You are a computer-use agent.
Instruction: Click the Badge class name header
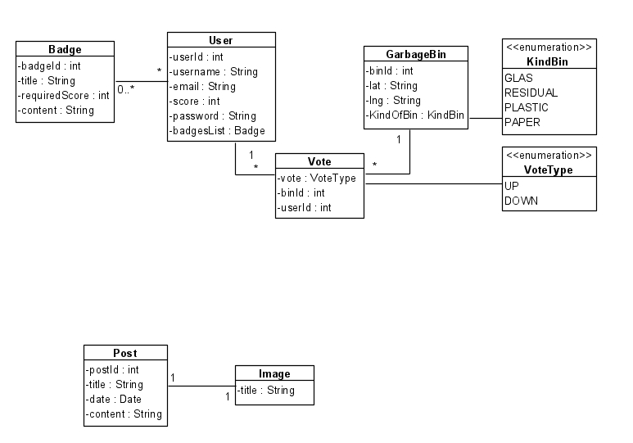coord(65,50)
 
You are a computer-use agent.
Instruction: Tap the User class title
coord(221,40)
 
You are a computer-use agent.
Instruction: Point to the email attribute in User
coord(203,86)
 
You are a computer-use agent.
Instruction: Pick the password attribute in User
coord(212,115)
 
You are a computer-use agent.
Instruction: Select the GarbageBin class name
coord(416,54)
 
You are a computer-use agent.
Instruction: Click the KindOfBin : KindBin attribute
coord(415,115)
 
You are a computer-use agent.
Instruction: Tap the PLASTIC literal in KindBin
coord(527,107)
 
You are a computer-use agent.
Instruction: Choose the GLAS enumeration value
coord(519,78)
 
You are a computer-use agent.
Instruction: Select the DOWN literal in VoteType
coord(522,201)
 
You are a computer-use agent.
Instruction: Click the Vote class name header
coord(319,162)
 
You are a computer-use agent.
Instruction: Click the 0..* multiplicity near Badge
coord(126,89)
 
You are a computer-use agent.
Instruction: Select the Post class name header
coord(126,353)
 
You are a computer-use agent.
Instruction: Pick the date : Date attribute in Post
coord(115,399)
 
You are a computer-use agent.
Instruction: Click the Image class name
coord(274,374)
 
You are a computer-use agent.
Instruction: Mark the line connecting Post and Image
coord(201,386)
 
